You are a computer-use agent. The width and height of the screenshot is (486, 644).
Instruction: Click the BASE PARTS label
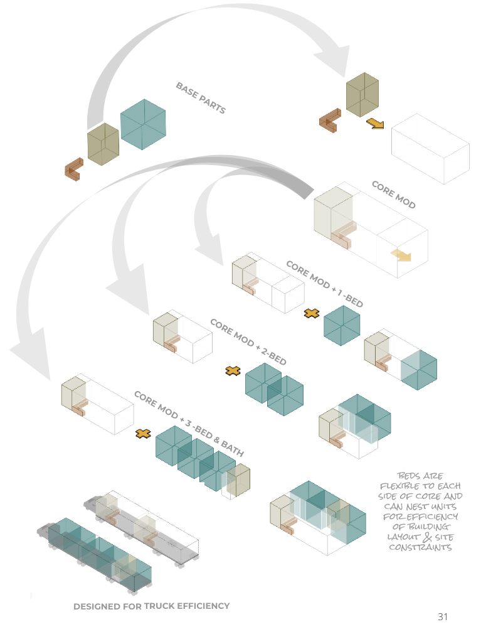(201, 98)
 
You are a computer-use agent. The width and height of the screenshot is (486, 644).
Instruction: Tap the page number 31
(443, 617)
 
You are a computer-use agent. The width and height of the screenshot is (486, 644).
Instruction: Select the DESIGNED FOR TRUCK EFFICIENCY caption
(151, 606)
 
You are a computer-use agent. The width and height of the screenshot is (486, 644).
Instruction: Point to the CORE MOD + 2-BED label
(248, 342)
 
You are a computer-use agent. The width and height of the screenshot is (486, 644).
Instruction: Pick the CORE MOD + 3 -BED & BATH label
(189, 423)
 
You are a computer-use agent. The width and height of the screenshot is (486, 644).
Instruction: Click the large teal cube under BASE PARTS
(144, 124)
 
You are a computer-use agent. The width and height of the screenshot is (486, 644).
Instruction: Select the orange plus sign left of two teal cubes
(233, 371)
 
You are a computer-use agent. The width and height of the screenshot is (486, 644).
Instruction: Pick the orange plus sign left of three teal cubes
(144, 433)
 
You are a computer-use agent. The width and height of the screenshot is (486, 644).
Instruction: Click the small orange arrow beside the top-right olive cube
(375, 123)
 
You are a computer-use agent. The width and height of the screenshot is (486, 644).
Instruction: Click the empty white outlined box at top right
(430, 148)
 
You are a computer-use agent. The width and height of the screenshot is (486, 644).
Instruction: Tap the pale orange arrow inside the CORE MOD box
(401, 254)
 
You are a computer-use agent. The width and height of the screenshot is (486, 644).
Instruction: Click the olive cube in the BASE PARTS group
(103, 144)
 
